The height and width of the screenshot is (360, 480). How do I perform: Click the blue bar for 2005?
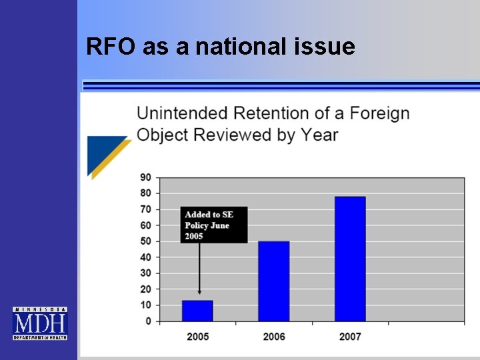[x=197, y=311]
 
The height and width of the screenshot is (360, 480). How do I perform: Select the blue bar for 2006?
[x=273, y=281]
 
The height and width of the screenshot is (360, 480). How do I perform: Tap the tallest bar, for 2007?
[x=350, y=259]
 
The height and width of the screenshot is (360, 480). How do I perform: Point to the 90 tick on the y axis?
[x=145, y=177]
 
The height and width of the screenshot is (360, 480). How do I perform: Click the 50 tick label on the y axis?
[x=145, y=241]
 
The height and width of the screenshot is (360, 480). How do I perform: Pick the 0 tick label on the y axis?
[x=148, y=321]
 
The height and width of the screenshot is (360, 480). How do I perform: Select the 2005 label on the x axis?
[x=197, y=337]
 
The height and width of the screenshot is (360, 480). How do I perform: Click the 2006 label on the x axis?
[x=274, y=337]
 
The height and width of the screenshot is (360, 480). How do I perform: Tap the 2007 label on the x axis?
[x=350, y=337]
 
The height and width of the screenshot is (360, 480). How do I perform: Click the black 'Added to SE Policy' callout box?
[x=213, y=225]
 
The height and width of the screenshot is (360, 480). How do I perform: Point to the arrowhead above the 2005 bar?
[x=199, y=292]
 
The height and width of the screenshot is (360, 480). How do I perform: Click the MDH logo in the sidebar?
[x=40, y=323]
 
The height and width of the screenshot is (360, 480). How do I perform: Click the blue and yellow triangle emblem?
[x=107, y=155]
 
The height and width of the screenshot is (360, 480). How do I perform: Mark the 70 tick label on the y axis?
[x=145, y=209]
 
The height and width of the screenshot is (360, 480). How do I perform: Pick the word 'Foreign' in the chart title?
[x=379, y=113]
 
